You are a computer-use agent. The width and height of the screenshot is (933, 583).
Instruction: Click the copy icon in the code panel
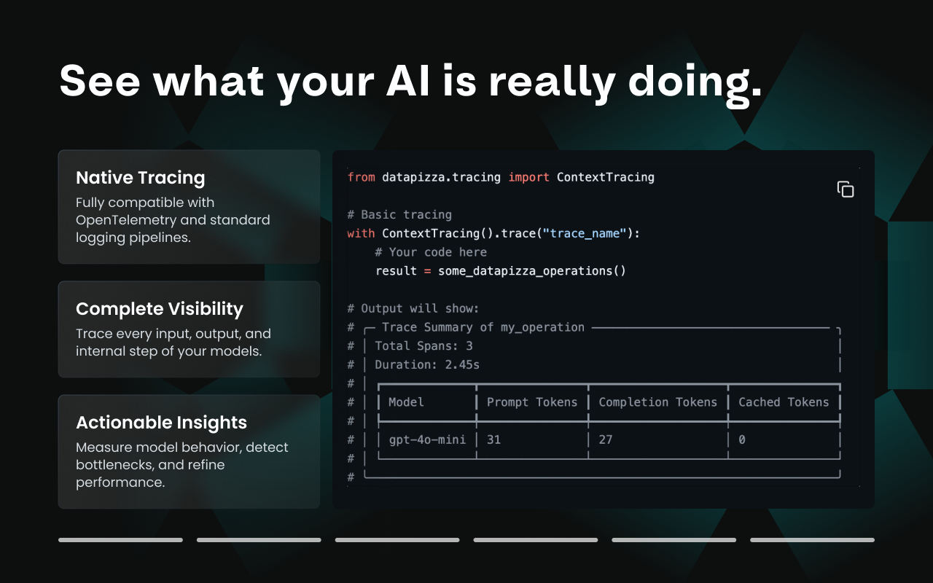click(845, 189)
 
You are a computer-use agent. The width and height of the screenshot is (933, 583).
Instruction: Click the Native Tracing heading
click(140, 178)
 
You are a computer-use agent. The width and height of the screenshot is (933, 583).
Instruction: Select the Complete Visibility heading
click(159, 309)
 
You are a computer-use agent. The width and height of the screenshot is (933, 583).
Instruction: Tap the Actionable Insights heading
click(161, 423)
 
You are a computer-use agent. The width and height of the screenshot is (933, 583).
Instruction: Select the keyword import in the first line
click(528, 177)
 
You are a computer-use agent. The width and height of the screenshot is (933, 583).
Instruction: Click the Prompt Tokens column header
click(531, 402)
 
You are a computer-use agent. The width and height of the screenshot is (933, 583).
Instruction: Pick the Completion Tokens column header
click(657, 402)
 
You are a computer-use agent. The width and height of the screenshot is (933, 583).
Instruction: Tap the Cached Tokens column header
click(784, 402)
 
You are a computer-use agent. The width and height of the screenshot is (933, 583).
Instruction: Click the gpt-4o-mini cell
click(427, 440)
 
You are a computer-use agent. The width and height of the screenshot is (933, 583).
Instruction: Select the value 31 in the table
click(493, 440)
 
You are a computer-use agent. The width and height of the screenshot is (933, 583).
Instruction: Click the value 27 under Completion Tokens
click(606, 440)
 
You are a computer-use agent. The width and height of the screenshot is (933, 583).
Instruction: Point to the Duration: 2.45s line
click(426, 364)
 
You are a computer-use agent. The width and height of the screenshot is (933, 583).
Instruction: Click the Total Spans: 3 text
click(423, 346)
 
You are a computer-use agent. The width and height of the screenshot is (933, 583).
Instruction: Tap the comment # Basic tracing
click(399, 215)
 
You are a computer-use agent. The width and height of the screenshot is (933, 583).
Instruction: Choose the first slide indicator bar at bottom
click(120, 540)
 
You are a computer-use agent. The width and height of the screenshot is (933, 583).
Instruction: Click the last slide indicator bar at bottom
click(812, 540)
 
